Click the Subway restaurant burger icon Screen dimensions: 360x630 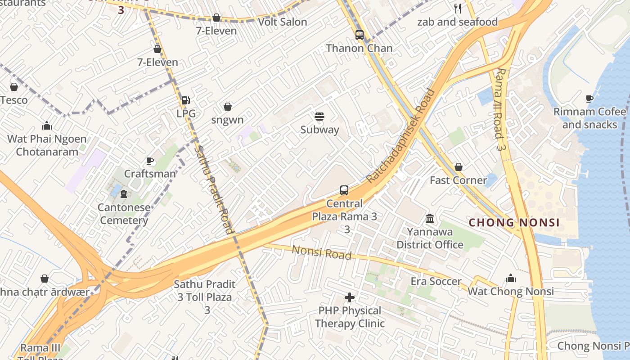coord(319,117)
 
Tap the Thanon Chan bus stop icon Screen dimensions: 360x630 coord(359,35)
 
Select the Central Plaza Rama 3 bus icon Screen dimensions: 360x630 coord(344,190)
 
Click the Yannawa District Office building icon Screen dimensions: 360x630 coord(430,219)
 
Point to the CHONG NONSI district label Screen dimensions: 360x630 coord(514,223)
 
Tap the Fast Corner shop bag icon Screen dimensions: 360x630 coord(458,167)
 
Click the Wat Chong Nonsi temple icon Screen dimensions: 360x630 coord(511,279)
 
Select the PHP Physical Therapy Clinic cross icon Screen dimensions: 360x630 coord(349,297)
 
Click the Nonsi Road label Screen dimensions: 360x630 coord(321,252)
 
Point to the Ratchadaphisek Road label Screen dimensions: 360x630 coord(401,136)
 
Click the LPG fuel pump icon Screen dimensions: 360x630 coord(185,100)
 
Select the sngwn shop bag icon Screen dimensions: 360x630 coord(228,107)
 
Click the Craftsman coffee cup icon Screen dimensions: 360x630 coord(150,161)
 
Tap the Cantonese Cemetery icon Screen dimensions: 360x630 coord(124,194)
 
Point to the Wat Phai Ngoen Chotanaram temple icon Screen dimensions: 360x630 coord(47,126)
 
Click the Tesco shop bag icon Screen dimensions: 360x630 coord(14,87)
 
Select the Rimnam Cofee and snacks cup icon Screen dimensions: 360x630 coord(589,99)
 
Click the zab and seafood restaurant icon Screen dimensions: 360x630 coord(458,9)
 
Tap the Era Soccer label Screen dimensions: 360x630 coord(436,282)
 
